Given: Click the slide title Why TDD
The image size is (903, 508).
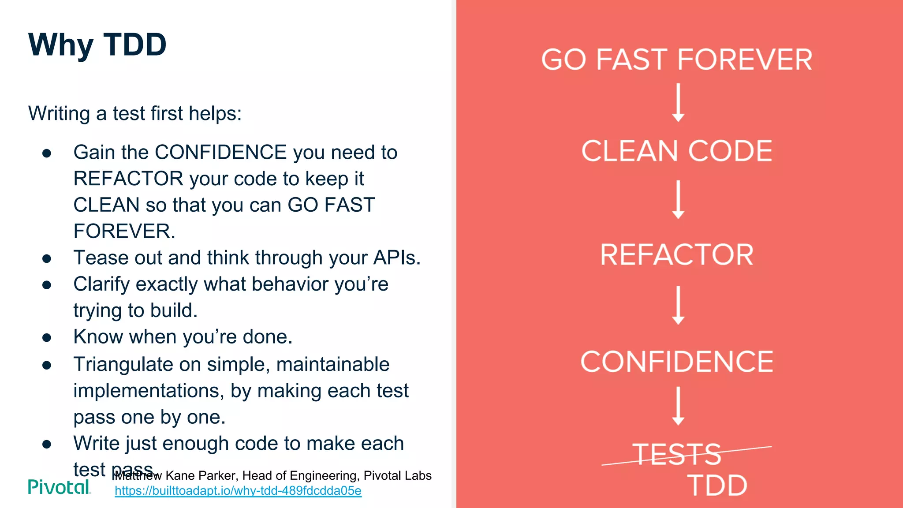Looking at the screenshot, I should [97, 45].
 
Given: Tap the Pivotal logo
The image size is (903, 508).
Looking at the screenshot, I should [59, 487].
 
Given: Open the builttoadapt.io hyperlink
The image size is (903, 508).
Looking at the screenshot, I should [238, 491].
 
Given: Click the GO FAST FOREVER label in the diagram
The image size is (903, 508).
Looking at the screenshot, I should [677, 60].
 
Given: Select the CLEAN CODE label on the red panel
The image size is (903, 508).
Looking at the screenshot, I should [677, 151].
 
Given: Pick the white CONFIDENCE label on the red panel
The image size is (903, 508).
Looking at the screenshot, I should [677, 362].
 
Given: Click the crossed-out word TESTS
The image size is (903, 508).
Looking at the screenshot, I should [677, 454].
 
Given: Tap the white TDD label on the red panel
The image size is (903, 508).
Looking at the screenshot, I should [717, 486].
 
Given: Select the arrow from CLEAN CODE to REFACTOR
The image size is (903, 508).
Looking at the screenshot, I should [678, 199].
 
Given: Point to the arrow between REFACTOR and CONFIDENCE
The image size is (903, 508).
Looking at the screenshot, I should [678, 305].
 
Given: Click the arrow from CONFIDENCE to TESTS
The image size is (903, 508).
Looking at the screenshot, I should [678, 406].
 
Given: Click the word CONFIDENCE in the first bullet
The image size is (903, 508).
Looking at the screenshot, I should [221, 153].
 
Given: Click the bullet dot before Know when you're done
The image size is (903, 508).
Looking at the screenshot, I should [47, 338].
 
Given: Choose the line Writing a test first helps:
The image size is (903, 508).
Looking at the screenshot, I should [135, 113].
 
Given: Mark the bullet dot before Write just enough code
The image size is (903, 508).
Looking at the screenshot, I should [47, 444].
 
